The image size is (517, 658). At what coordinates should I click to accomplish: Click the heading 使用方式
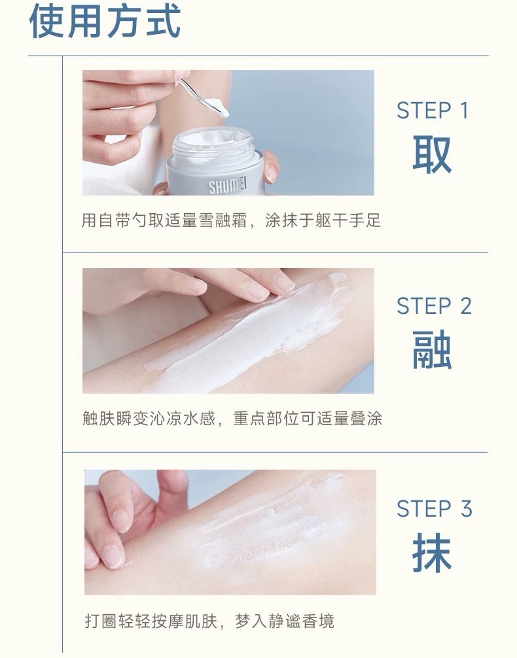pos(105,22)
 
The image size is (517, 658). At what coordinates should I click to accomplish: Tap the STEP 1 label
pos(433,111)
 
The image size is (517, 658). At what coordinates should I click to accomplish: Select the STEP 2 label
pos(433,305)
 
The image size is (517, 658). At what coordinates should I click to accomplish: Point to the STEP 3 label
pos(433,508)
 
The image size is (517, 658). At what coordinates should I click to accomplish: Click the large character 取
pos(433,155)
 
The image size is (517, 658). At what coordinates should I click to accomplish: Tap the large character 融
pos(433,350)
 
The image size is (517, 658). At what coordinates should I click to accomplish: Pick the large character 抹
pos(433,553)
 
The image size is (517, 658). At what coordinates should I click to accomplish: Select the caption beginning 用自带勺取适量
pos(230,220)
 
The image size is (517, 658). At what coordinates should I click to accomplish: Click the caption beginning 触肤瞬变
pos(232,418)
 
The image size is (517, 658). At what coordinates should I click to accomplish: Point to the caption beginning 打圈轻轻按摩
pos(209,621)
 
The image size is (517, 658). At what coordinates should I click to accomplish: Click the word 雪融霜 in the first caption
pos(230,220)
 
